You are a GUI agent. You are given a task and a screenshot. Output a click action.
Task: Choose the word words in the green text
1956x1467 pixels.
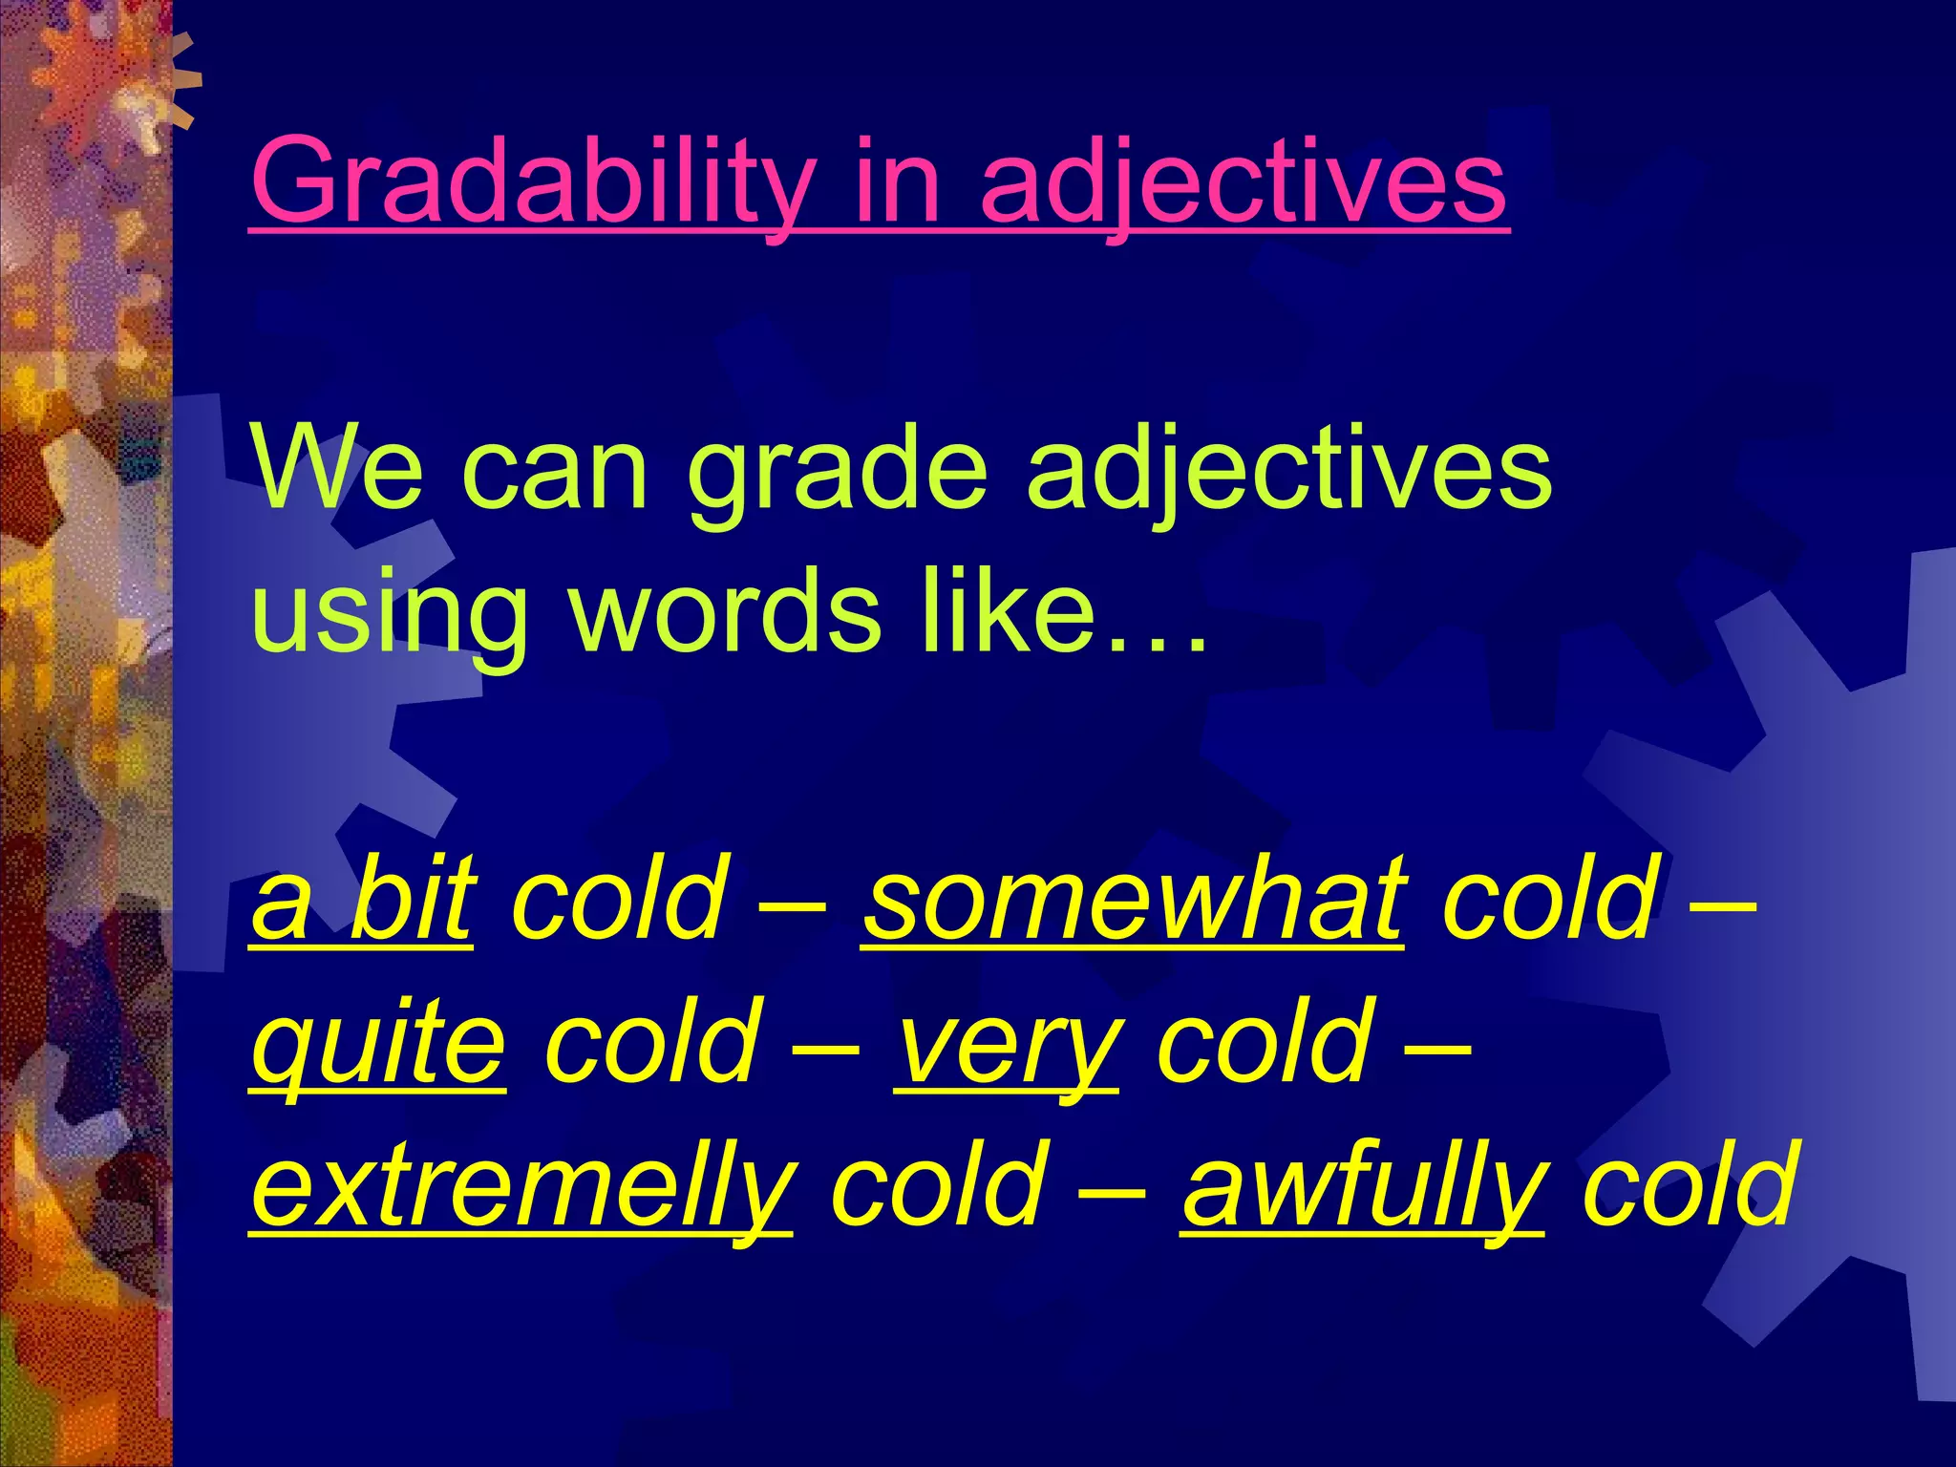[726, 611]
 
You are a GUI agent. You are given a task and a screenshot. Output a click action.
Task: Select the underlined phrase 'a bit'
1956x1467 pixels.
[362, 898]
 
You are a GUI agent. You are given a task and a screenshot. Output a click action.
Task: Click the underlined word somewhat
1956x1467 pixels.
[1133, 898]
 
